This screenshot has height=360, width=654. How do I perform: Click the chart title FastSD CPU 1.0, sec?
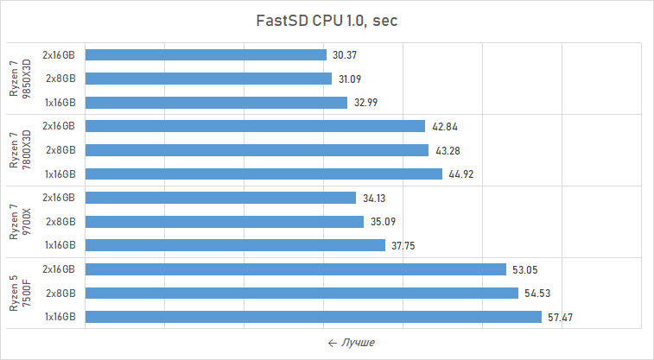point(327,21)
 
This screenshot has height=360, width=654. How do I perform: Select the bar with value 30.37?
point(206,54)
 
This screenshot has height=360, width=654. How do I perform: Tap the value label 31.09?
point(350,79)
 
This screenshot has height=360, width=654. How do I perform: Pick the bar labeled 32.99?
point(216,102)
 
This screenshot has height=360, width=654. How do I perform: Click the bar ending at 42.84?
point(255,126)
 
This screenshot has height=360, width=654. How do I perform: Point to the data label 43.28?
point(447,150)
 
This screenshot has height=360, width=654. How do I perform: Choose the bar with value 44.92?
point(264,174)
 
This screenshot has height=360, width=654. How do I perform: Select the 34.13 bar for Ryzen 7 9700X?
point(220,198)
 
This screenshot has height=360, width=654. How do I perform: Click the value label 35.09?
point(382,222)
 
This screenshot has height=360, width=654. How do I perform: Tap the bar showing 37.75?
point(235,245)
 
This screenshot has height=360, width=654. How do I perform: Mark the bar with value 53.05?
point(295,269)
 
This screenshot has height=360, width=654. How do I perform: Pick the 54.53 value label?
point(537,294)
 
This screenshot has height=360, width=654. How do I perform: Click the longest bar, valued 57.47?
point(313,317)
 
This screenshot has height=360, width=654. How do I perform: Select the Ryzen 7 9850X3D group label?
point(19,79)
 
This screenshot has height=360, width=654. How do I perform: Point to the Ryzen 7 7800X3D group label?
point(19,150)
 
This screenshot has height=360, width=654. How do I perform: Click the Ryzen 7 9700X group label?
point(19,222)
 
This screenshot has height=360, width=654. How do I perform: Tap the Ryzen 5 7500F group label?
point(19,294)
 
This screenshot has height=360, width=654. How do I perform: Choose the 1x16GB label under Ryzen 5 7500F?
point(60,317)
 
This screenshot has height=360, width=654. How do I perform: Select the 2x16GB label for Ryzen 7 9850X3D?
point(60,54)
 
